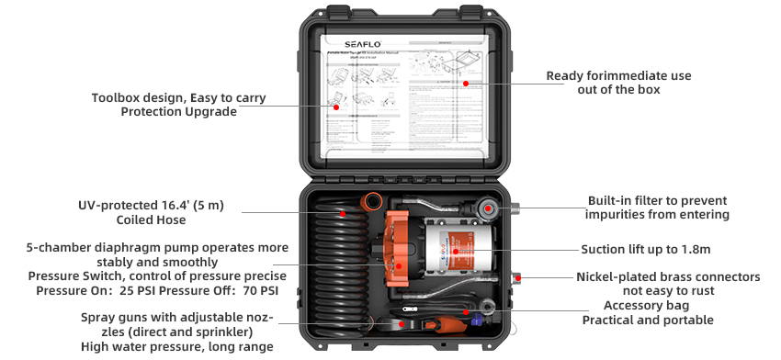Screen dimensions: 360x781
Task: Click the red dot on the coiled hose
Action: (341, 213)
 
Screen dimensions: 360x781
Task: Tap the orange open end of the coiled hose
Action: (372, 199)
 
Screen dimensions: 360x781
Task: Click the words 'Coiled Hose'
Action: (151, 220)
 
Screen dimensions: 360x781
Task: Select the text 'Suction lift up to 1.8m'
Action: (646, 249)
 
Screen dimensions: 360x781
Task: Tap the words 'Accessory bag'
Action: (647, 305)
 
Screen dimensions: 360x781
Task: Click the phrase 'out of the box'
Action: (618, 90)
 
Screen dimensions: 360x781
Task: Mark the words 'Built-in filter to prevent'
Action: (657, 200)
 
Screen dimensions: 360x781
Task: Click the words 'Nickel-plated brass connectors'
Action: (668, 276)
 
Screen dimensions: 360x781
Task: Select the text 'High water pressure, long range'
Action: (177, 346)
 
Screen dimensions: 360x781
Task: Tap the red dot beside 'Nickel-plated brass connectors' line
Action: (519, 276)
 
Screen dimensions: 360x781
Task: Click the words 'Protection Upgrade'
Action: (178, 112)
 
